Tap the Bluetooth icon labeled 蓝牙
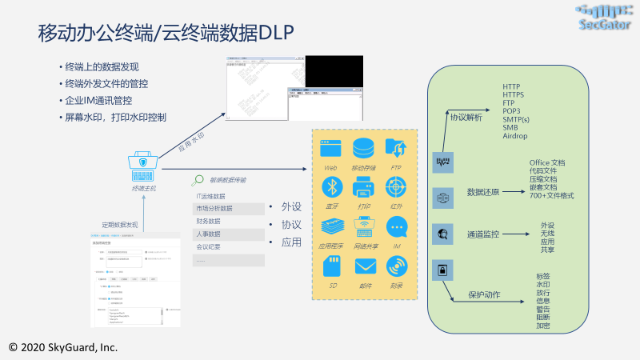[x=331, y=186]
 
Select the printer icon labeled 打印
[x=365, y=186]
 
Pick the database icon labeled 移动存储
[x=365, y=148]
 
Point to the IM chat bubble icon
[x=397, y=227]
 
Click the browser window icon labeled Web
[x=331, y=148]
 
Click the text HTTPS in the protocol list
[x=515, y=94]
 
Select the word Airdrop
[x=516, y=136]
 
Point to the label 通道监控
[x=483, y=234]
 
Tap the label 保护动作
[x=484, y=294]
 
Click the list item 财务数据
[x=208, y=221]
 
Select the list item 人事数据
[x=208, y=234]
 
